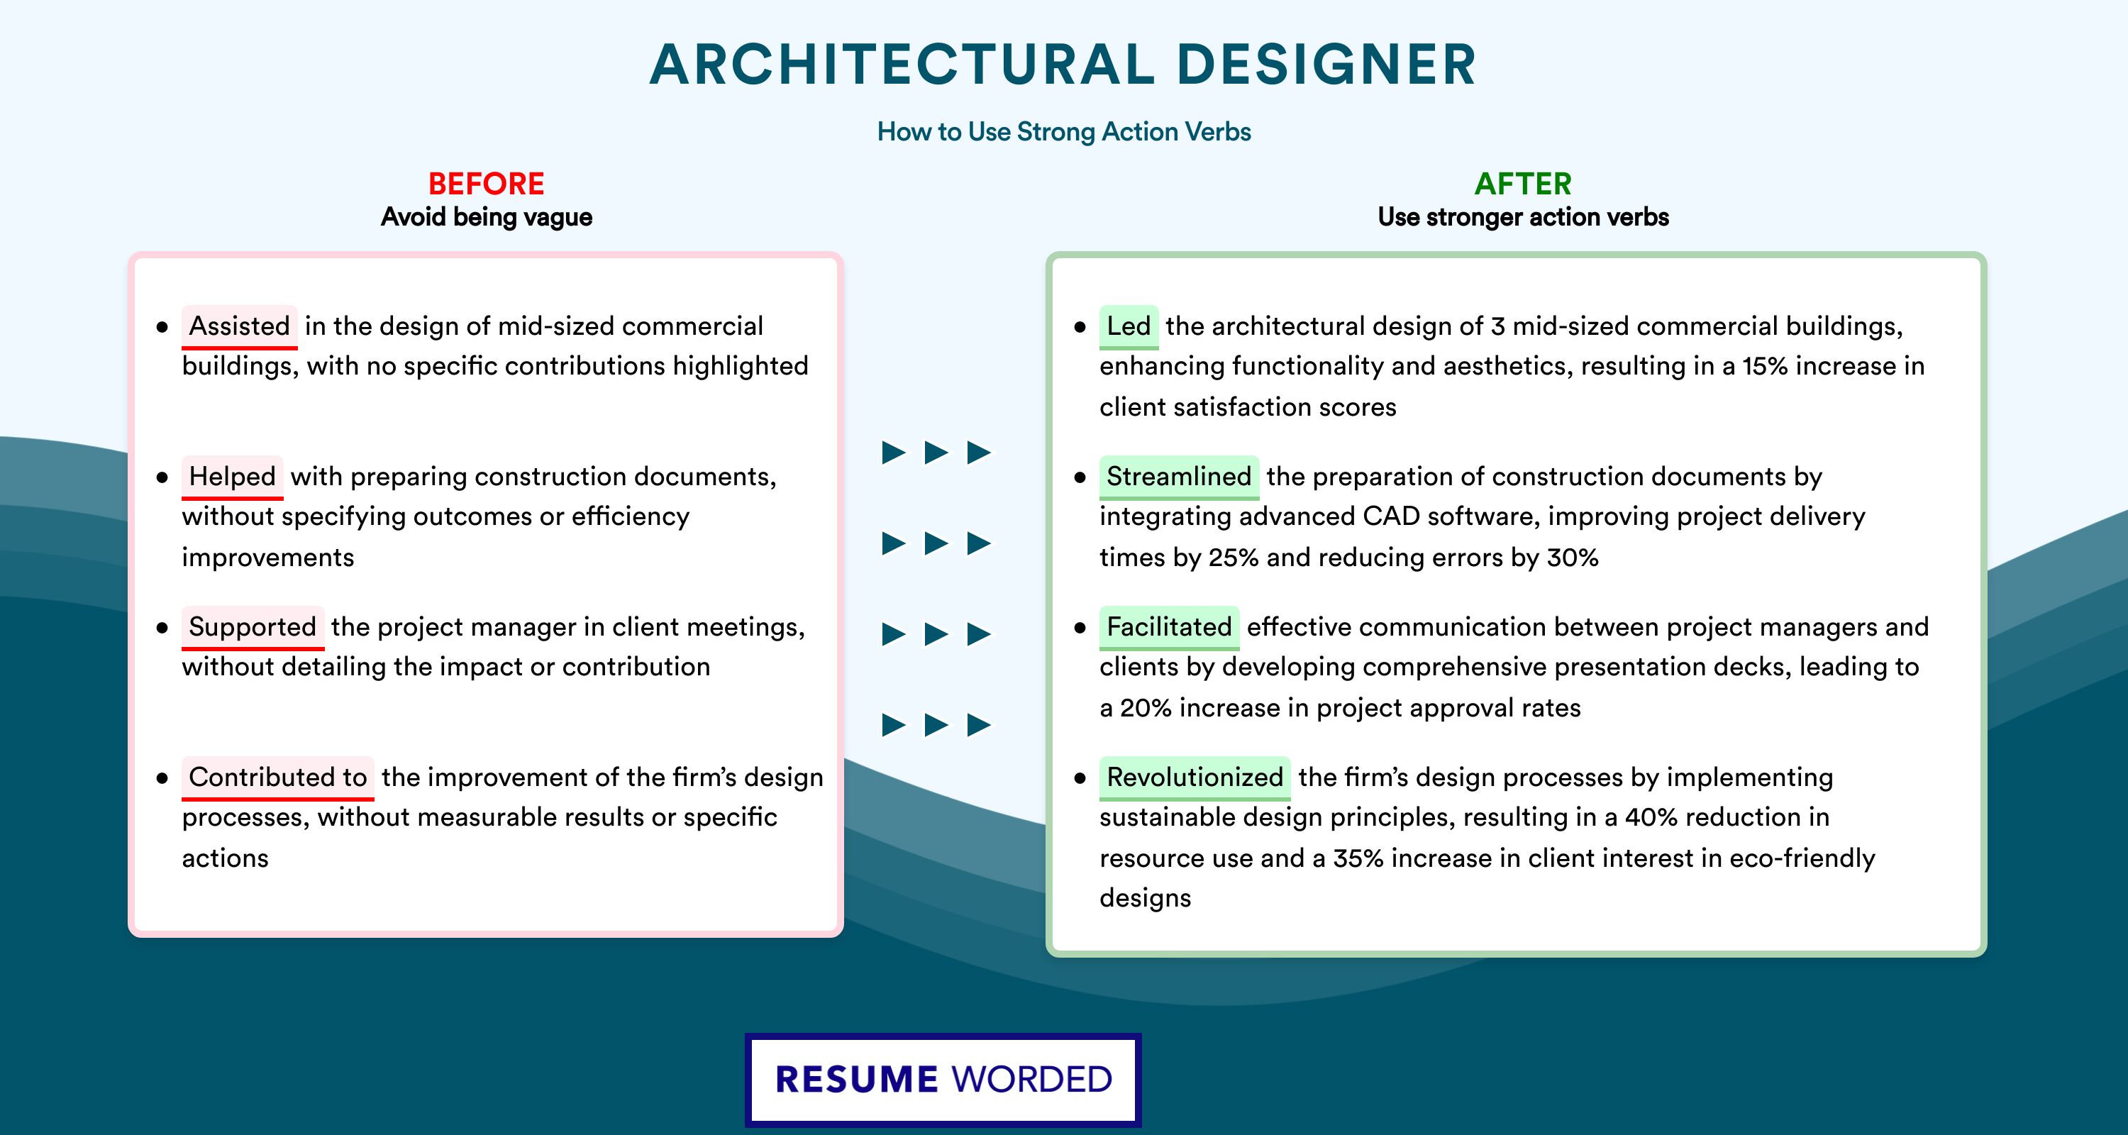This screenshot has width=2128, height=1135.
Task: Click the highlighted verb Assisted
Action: [x=240, y=326]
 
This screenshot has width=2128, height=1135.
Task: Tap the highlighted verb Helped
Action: [x=232, y=477]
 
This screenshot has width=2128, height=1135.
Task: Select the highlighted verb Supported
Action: [x=253, y=627]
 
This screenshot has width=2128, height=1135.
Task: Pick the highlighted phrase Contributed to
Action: [x=277, y=777]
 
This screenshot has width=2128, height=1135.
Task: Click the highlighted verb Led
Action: [x=1129, y=326]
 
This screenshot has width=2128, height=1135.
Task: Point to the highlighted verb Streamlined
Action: [x=1179, y=477]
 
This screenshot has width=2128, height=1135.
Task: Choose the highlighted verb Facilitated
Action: [x=1169, y=627]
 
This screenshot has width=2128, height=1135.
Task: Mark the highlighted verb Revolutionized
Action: [x=1195, y=777]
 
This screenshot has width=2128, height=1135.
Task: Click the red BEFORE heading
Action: [x=487, y=184]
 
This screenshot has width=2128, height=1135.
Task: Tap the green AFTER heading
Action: [x=1524, y=184]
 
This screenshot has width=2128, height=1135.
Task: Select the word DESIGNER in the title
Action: [x=1326, y=65]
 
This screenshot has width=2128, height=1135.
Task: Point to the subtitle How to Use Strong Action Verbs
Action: [x=1064, y=131]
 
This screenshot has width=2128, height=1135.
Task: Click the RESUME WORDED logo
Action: [x=943, y=1080]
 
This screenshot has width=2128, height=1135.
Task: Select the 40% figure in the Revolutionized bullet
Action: [x=1651, y=817]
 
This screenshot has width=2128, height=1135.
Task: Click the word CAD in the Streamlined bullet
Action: [x=1389, y=516]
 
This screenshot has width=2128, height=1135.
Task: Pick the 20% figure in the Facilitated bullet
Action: [x=1146, y=708]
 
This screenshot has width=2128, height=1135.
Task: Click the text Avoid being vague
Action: [x=487, y=217]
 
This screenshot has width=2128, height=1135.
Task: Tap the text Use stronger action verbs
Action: [x=1524, y=217]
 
